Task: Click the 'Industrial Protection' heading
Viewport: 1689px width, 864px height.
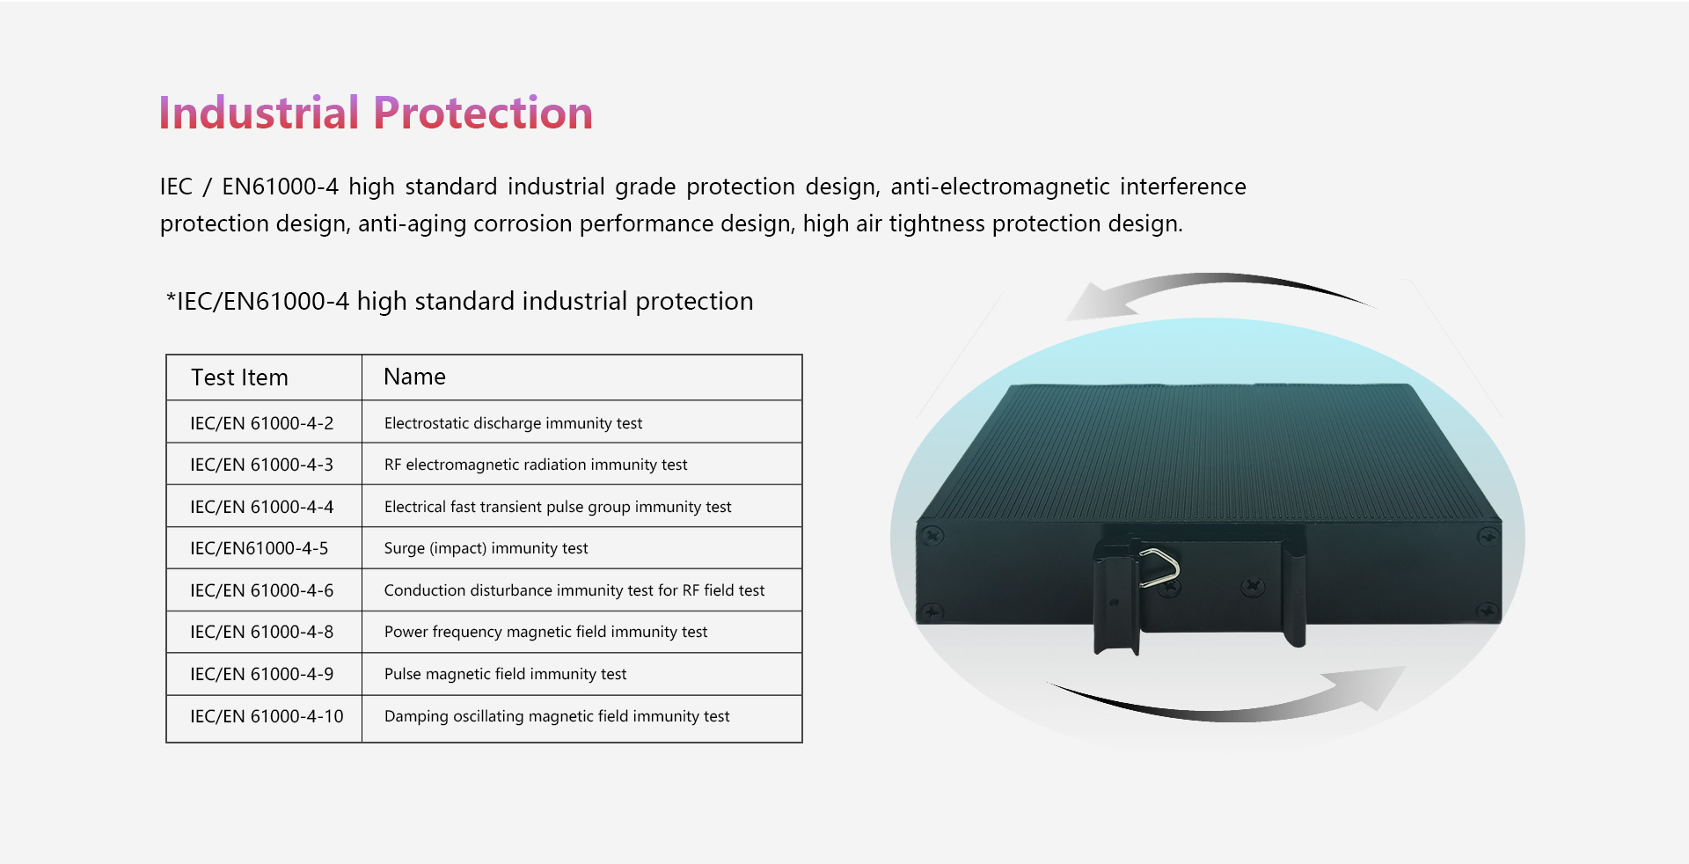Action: [376, 113]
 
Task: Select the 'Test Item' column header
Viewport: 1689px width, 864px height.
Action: [239, 377]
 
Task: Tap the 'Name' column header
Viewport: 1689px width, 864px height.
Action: [414, 377]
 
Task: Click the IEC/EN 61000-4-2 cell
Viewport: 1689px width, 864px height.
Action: [262, 423]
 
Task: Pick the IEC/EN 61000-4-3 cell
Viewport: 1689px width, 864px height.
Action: [262, 465]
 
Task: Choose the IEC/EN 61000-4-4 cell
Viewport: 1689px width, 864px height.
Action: [262, 507]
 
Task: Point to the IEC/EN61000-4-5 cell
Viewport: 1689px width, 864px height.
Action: [260, 548]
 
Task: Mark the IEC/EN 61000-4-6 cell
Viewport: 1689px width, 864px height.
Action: [262, 590]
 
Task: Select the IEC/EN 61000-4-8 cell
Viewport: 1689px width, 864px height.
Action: [262, 632]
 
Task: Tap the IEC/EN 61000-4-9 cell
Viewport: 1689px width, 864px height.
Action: [262, 674]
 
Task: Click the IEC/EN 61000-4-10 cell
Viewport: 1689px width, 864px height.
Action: [267, 716]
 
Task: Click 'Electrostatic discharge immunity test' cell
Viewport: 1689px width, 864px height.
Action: [513, 423]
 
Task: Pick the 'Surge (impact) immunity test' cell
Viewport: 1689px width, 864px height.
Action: [486, 548]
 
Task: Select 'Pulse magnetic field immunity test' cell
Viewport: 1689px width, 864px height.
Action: [505, 674]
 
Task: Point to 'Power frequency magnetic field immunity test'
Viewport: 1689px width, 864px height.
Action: [545, 632]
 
